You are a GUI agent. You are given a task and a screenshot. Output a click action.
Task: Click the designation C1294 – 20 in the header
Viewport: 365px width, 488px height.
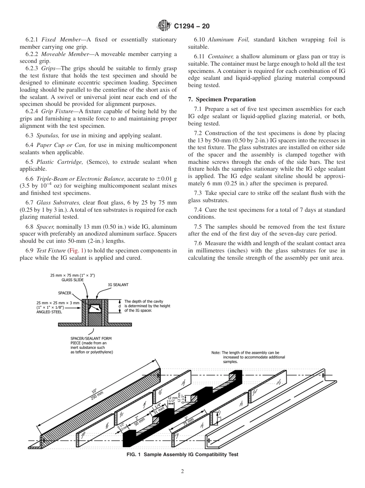pos(191,26)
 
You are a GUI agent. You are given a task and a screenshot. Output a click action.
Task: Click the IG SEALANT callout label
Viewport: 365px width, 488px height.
pos(118,285)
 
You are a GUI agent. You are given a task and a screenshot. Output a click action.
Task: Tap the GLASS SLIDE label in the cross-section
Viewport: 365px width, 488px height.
pos(73,280)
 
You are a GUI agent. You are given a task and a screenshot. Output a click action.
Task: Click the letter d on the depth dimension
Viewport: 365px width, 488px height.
pos(119,306)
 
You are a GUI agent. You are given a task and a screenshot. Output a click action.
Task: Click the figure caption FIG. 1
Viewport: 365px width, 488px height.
pos(182,455)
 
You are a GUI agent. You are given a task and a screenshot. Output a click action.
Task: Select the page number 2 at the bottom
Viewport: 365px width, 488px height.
pos(182,472)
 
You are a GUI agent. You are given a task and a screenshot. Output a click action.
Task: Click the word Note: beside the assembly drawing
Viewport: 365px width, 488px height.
pos(216,353)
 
